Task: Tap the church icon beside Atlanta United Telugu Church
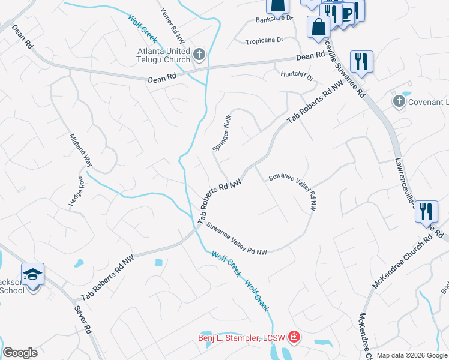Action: (x=200, y=56)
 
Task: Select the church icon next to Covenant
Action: (x=399, y=102)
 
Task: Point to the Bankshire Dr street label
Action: (x=274, y=19)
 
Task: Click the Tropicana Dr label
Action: (x=264, y=41)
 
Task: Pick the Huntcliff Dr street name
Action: (x=297, y=76)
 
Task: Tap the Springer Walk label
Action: (x=221, y=133)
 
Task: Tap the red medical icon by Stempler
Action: (x=294, y=337)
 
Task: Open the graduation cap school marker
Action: (x=32, y=274)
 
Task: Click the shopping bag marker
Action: (x=317, y=26)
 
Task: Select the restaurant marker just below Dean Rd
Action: (x=361, y=61)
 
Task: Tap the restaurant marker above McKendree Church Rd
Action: (x=426, y=211)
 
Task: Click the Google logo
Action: (x=20, y=353)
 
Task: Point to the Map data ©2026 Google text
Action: (x=412, y=355)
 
